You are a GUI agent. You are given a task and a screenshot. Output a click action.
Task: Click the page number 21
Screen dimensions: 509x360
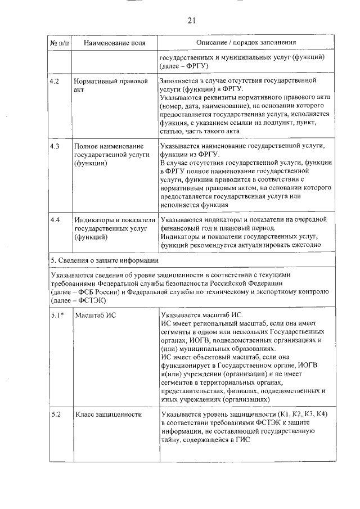point(191,21)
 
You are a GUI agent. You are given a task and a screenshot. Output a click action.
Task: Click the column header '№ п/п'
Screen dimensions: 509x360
point(60,43)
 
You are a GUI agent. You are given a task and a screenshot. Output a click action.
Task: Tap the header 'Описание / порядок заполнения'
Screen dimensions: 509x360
point(246,43)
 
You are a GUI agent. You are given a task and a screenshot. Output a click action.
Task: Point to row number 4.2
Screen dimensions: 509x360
point(55,81)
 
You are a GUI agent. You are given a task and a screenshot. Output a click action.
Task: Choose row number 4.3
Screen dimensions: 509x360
point(55,146)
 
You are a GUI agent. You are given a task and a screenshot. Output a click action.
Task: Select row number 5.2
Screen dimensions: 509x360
point(55,415)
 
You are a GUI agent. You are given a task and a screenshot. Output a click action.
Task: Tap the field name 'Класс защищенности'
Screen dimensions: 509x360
point(107,415)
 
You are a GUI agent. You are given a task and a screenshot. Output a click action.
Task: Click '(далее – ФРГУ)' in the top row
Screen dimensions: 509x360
point(184,66)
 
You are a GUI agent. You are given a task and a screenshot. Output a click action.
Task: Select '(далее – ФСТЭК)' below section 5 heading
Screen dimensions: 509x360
point(82,301)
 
